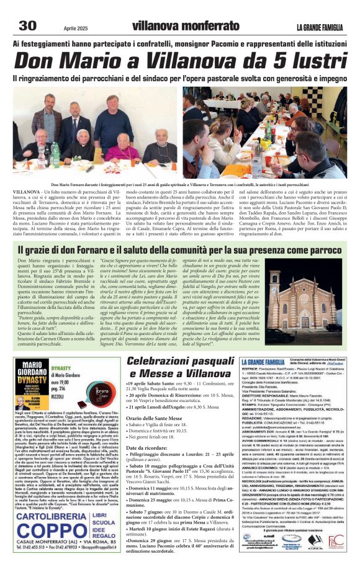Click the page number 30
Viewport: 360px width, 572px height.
pos(29,25)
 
